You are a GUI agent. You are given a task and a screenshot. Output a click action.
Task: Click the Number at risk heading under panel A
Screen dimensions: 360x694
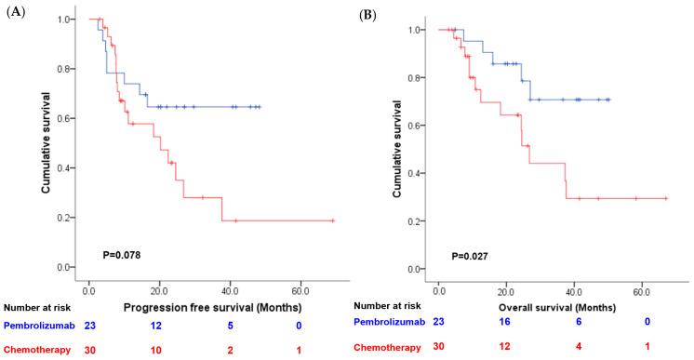(38, 303)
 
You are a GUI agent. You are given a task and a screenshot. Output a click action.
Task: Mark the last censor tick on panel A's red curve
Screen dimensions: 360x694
(332, 220)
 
